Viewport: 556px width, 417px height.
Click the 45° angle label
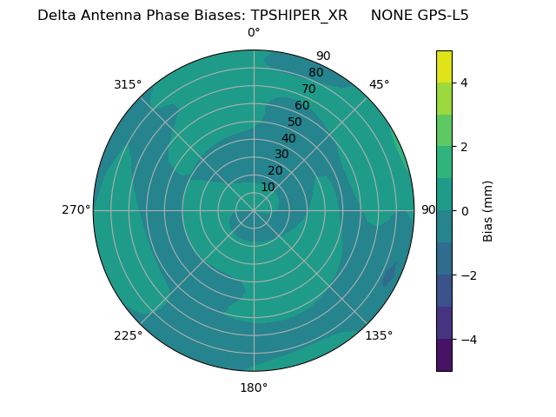pos(379,84)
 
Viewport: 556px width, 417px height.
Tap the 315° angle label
pos(128,84)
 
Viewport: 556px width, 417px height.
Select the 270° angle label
pos(76,209)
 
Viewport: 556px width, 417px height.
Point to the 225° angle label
pos(128,335)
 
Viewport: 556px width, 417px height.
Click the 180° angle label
pos(254,387)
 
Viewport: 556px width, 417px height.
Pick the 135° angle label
pos(379,335)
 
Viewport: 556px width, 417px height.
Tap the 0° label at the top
pos(254,33)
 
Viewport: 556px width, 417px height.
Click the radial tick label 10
pos(268,187)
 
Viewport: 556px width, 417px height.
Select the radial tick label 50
pos(295,122)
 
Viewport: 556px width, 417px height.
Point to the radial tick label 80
pos(315,72)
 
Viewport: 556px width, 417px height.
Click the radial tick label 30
pos(281,155)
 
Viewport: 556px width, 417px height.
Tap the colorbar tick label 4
pos(464,83)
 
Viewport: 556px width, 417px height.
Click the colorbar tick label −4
pos(464,340)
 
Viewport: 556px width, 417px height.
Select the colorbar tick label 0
pos(464,211)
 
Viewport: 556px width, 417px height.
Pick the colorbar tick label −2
pos(464,275)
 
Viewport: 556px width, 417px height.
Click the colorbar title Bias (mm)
pos(488,211)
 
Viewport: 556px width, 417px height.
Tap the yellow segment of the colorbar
pos(444,66)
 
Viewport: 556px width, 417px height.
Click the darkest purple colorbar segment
pos(444,355)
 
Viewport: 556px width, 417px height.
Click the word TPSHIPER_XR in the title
pos(299,16)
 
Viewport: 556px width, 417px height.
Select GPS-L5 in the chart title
pos(438,16)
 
